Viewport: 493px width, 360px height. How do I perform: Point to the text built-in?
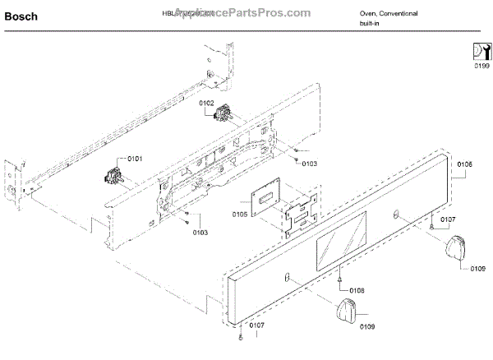coord(369,23)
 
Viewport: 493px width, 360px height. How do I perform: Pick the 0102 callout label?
coord(207,102)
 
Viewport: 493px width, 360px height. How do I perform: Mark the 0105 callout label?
coord(239,215)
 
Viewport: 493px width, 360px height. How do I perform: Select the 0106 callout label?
coord(464,164)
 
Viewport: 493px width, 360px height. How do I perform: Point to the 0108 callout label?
coord(357,290)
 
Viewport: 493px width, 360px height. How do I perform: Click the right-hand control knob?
coord(457,247)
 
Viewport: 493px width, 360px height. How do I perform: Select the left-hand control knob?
coord(348,311)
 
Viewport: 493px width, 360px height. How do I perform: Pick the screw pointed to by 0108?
coord(339,279)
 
